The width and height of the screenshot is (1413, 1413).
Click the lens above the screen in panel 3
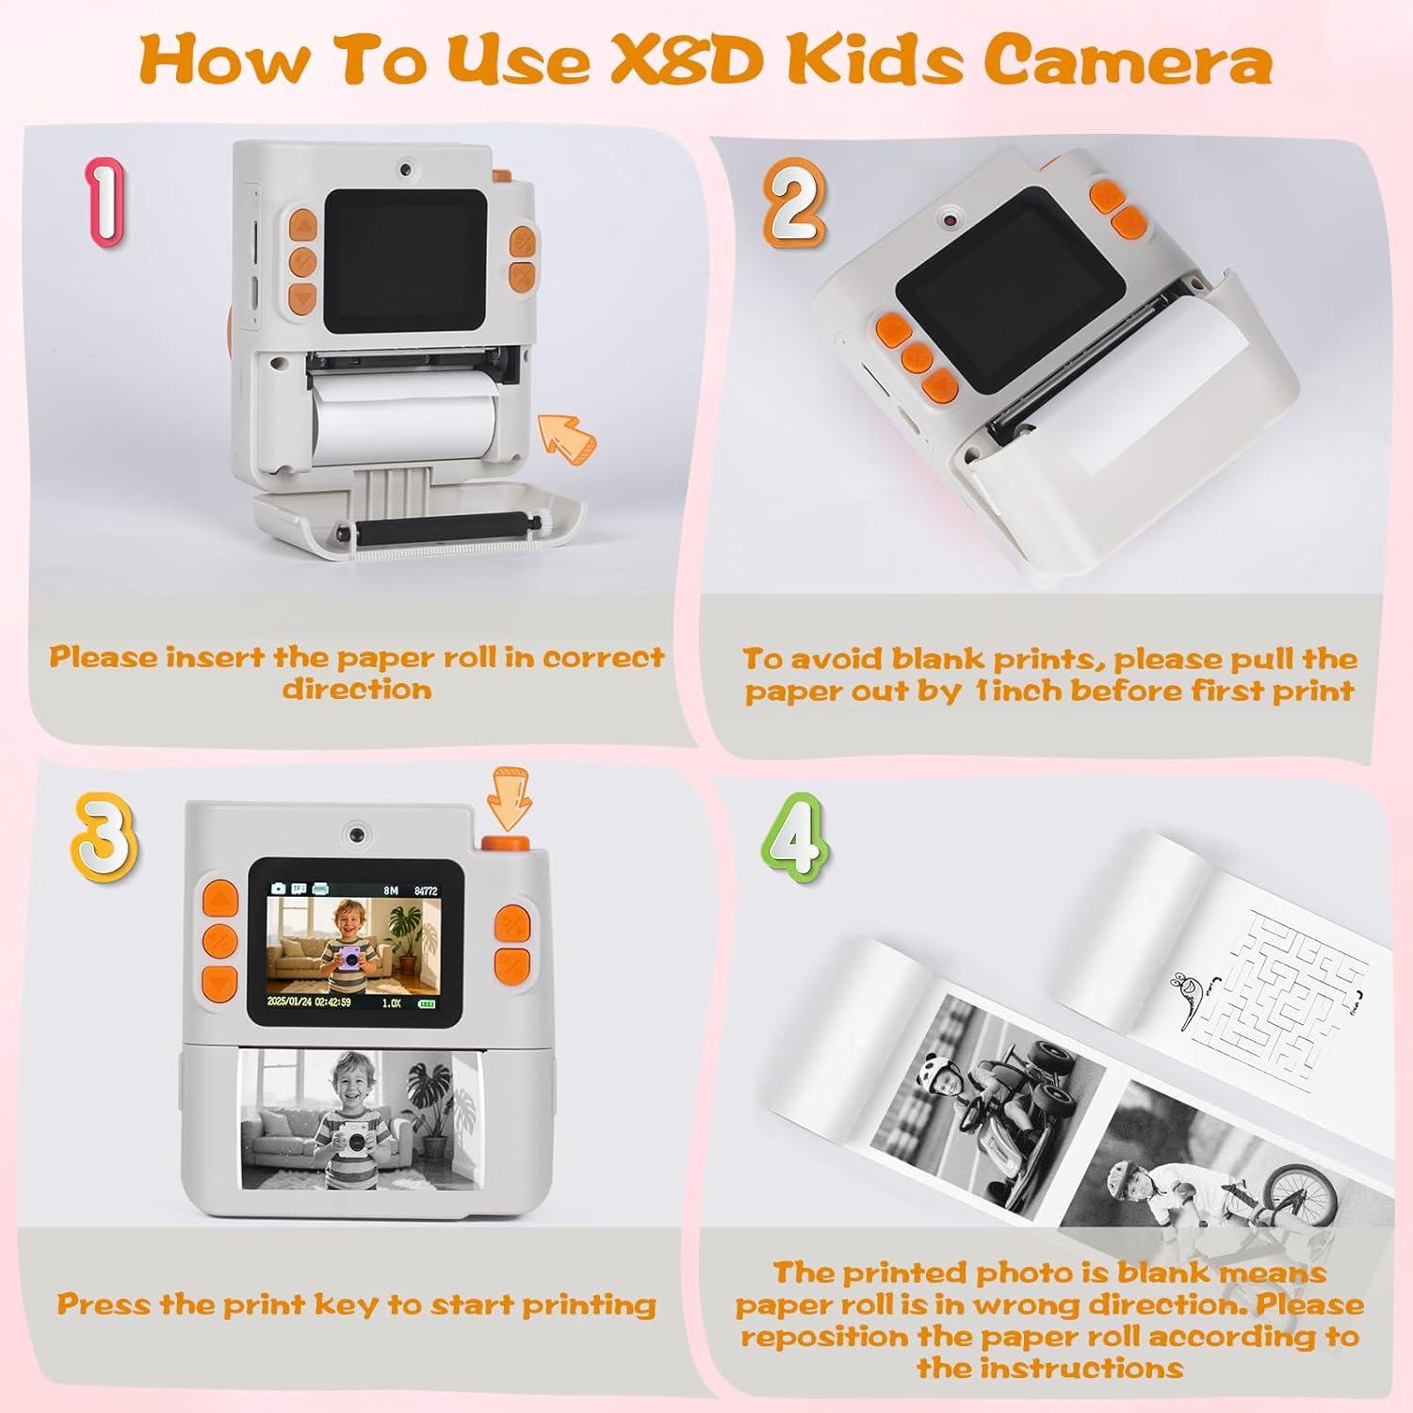click(355, 835)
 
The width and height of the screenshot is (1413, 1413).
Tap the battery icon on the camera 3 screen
click(429, 1003)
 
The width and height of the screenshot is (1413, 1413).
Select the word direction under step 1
click(357, 689)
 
